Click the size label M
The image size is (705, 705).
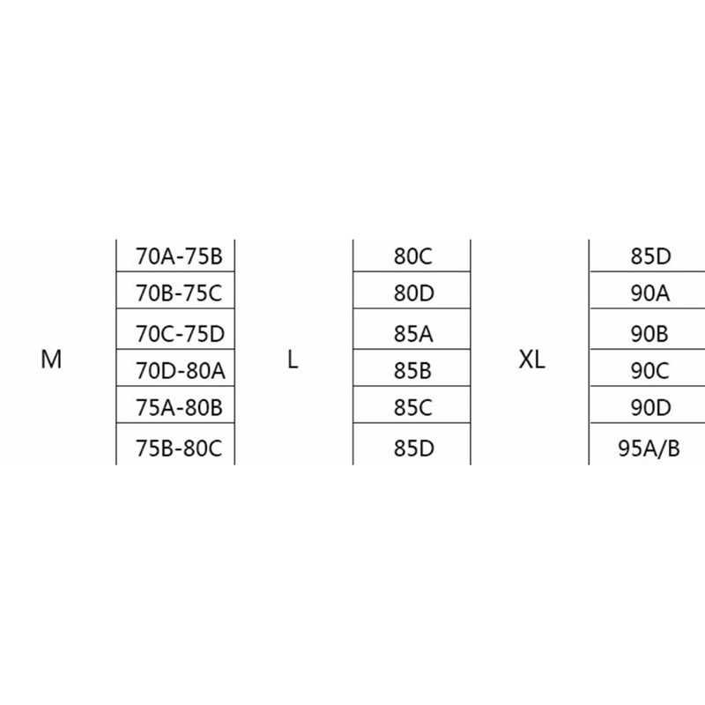[x=51, y=360]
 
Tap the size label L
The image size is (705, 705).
[x=293, y=360]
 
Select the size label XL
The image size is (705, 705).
[x=532, y=360]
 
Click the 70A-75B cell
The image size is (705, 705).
[x=180, y=257]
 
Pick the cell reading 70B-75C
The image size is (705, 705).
[x=180, y=293]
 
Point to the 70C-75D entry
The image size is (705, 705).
[x=180, y=334]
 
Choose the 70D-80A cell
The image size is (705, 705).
[x=180, y=371]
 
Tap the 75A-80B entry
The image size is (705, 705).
[x=180, y=408]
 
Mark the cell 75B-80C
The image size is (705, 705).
[x=180, y=449]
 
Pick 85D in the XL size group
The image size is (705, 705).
[x=651, y=257]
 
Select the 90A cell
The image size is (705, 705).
[x=651, y=293]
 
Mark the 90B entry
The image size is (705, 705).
[x=651, y=334]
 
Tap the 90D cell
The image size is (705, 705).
[x=651, y=408]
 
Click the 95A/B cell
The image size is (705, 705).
[x=651, y=449]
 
